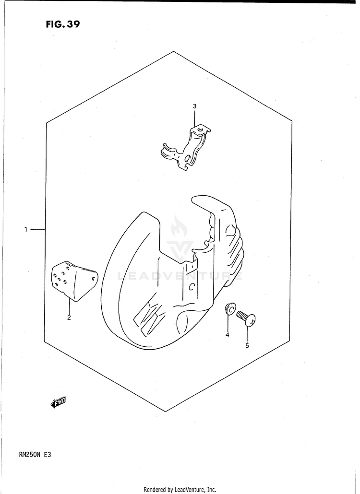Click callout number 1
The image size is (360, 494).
pos(26,230)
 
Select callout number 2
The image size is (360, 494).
pos(69,318)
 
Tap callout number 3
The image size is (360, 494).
pos(194,106)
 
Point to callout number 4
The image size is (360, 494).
pos(228,335)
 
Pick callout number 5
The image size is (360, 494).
pos(247,345)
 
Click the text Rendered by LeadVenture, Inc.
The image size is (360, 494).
pos(180,490)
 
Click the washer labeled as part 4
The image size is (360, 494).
pos(229,309)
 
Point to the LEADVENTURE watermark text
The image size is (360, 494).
pos(180,276)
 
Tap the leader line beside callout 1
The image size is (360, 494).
pos(37,230)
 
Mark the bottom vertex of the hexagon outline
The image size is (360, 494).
pos(166,412)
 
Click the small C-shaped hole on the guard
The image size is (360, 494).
pos(191,287)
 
